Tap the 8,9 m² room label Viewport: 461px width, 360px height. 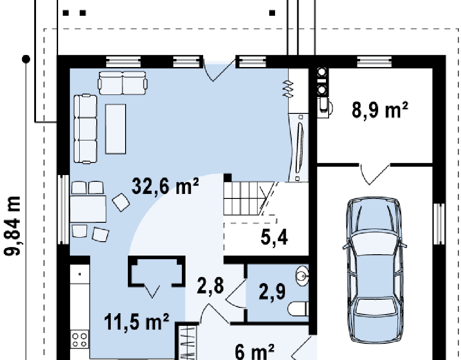(380, 110)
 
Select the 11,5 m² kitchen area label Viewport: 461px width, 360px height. (137, 322)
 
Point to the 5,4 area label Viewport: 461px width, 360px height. (274, 237)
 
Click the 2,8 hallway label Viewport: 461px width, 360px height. (210, 286)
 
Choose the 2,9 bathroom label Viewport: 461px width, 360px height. (272, 292)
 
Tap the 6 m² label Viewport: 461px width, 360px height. (255, 352)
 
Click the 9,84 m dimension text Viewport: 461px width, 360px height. (12, 226)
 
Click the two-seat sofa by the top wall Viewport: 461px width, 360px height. (122, 83)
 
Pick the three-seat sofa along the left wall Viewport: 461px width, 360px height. (85, 129)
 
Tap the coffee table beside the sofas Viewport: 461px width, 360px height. (116, 129)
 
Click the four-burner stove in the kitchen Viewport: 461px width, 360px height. (80, 339)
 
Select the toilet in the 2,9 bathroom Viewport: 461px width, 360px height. (298, 309)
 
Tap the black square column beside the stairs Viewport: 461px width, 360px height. (227, 177)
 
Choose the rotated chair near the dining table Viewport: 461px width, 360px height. (121, 202)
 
